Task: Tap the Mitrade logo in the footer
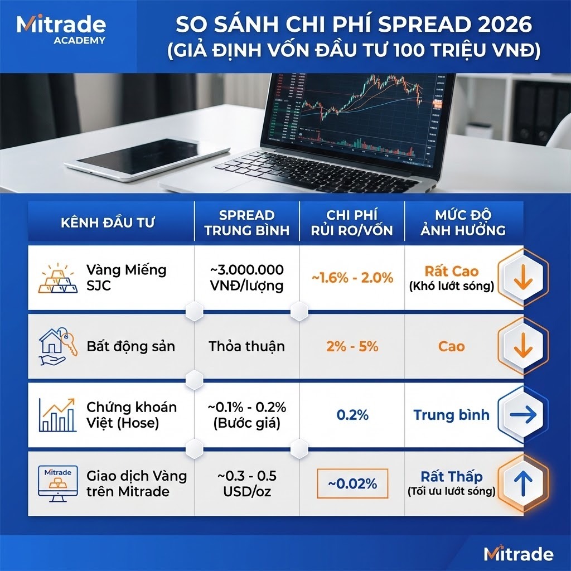pyautogui.click(x=518, y=554)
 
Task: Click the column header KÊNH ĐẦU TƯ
pyautogui.click(x=108, y=222)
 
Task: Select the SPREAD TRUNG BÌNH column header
pyautogui.click(x=246, y=222)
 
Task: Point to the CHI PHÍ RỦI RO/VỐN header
pyautogui.click(x=352, y=222)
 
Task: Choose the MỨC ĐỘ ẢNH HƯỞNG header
pyautogui.click(x=464, y=222)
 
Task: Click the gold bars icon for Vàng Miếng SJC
pyautogui.click(x=58, y=278)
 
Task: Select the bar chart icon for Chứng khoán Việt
pyautogui.click(x=58, y=415)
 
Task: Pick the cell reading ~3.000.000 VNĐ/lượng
pyautogui.click(x=246, y=278)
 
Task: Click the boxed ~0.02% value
pyautogui.click(x=352, y=483)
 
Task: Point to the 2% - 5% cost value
pyautogui.click(x=352, y=346)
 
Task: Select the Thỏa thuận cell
pyautogui.click(x=246, y=346)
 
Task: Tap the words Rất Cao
pyautogui.click(x=451, y=272)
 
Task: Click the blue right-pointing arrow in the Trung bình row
pyautogui.click(x=522, y=415)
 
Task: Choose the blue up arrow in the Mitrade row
pyautogui.click(x=522, y=482)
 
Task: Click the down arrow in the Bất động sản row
pyautogui.click(x=522, y=346)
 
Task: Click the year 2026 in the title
pyautogui.click(x=502, y=25)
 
